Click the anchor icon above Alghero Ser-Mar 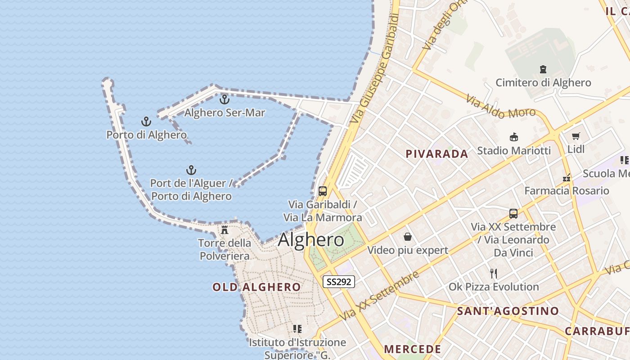tap(224, 99)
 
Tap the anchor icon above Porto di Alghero tap(146, 121)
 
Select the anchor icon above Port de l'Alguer tap(191, 170)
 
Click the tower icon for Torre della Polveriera tap(225, 230)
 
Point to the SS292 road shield tap(339, 282)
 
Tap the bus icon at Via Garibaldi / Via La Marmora tap(323, 191)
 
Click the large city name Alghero tap(311, 240)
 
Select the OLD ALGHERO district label tap(256, 287)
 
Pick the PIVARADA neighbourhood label tap(437, 154)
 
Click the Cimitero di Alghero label tap(543, 83)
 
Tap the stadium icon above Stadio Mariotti tap(513, 137)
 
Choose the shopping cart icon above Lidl tap(576, 136)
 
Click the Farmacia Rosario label tap(567, 191)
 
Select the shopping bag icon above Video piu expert tap(408, 237)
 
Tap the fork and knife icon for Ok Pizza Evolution tap(494, 273)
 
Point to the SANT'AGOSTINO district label tap(508, 311)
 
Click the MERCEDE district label tap(412, 349)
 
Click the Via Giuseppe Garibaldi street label tap(375, 68)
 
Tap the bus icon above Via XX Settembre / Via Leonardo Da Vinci tap(513, 214)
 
